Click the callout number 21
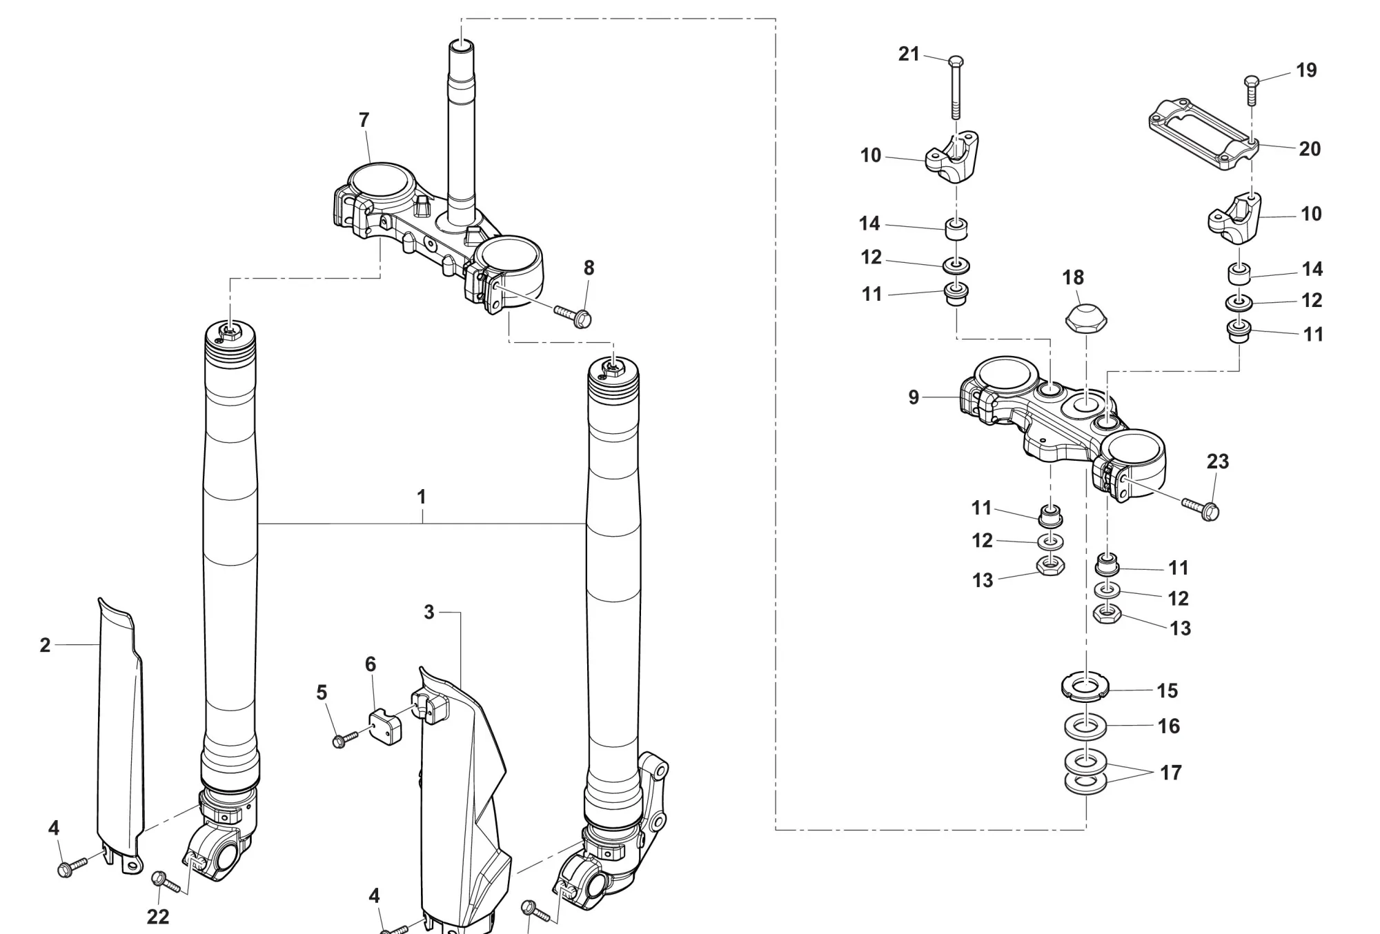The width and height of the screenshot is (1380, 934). [x=909, y=54]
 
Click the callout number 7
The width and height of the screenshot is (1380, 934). [x=364, y=120]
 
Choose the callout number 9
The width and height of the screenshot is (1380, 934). [x=914, y=397]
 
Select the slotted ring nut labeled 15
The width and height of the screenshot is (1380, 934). [x=1085, y=686]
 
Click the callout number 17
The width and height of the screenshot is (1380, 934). [x=1170, y=773]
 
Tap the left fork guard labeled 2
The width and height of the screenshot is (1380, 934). [x=121, y=724]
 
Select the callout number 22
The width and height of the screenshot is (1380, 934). [x=158, y=917]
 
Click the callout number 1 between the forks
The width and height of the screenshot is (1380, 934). [x=421, y=497]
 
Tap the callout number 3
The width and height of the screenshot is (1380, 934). [x=428, y=612]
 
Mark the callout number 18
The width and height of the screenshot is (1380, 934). [x=1073, y=277]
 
